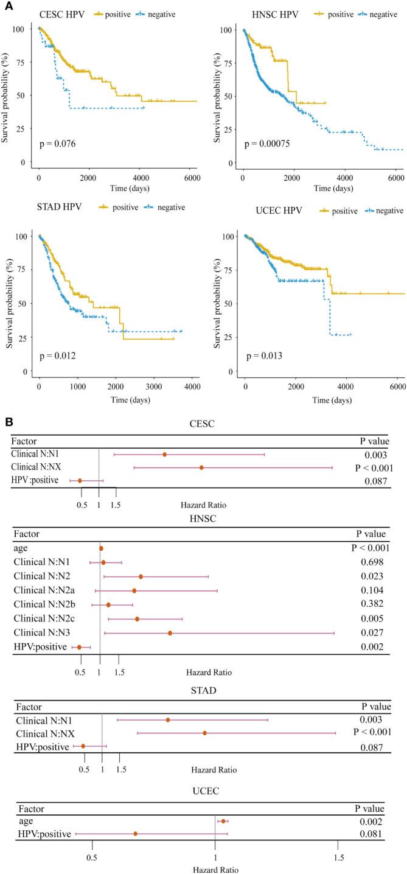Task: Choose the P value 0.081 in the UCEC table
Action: pos(369,833)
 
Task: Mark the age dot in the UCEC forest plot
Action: pos(224,821)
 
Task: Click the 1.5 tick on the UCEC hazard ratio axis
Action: pos(338,849)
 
